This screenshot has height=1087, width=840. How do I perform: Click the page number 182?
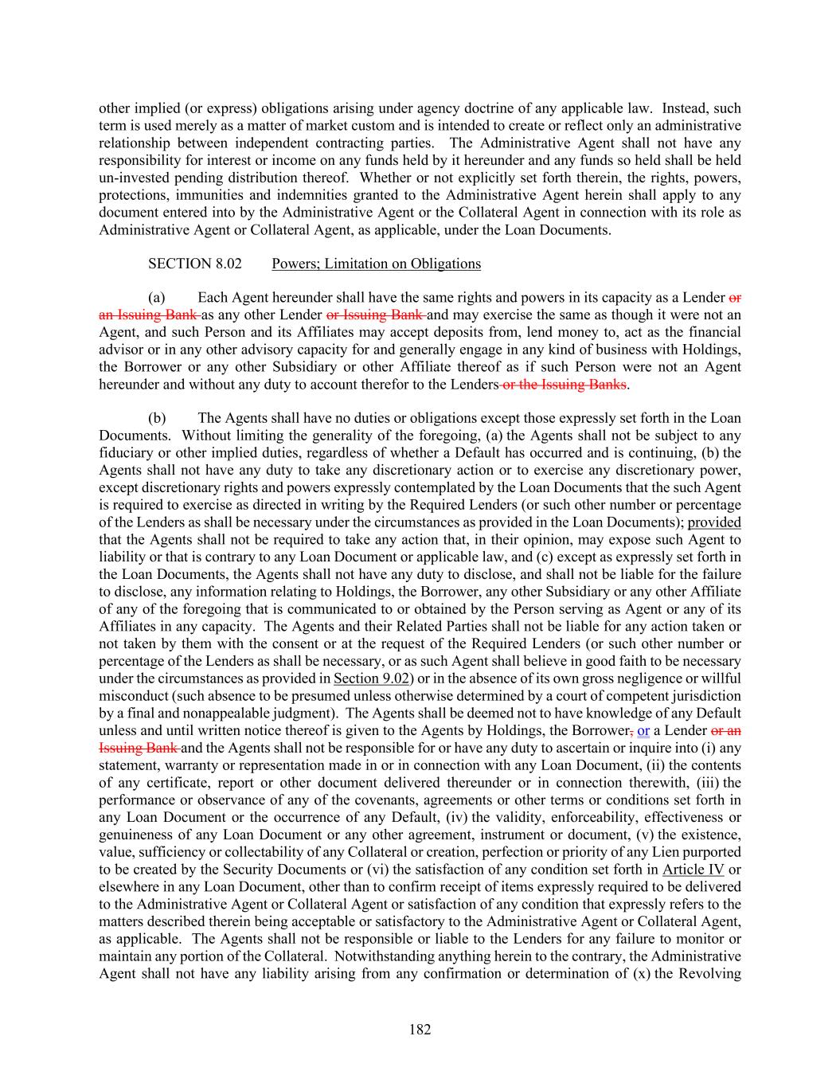[x=420, y=1030]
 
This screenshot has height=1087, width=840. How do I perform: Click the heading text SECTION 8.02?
[x=195, y=264]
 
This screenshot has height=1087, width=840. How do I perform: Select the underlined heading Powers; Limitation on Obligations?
[x=376, y=264]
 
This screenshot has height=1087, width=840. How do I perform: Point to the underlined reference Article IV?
[x=693, y=869]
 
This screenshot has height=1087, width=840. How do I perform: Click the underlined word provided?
[x=714, y=522]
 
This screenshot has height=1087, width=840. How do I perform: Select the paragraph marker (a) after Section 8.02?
[x=157, y=298]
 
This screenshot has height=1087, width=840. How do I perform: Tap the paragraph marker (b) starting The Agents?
[x=157, y=418]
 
